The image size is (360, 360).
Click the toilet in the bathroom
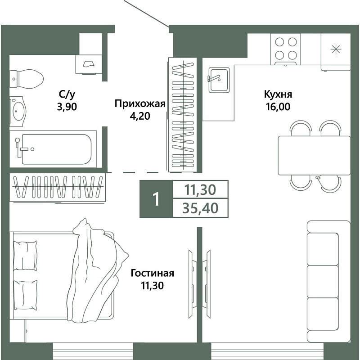(x=27, y=79)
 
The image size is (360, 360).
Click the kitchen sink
(x=219, y=80)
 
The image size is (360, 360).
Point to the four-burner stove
(x=285, y=49)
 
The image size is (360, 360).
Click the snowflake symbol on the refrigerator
(x=336, y=49)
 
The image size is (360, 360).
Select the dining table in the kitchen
(x=314, y=155)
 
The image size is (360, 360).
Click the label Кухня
(x=278, y=94)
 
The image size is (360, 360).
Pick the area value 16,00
(x=278, y=107)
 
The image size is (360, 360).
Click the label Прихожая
(x=140, y=103)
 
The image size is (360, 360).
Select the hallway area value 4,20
(x=140, y=116)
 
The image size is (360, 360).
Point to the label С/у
(x=67, y=94)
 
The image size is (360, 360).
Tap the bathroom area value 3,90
(x=67, y=107)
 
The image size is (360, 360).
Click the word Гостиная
(x=152, y=273)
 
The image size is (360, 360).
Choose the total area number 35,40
(x=200, y=208)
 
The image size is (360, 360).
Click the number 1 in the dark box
(x=156, y=199)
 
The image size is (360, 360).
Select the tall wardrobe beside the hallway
(x=183, y=115)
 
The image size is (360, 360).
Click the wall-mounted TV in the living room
(x=191, y=284)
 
